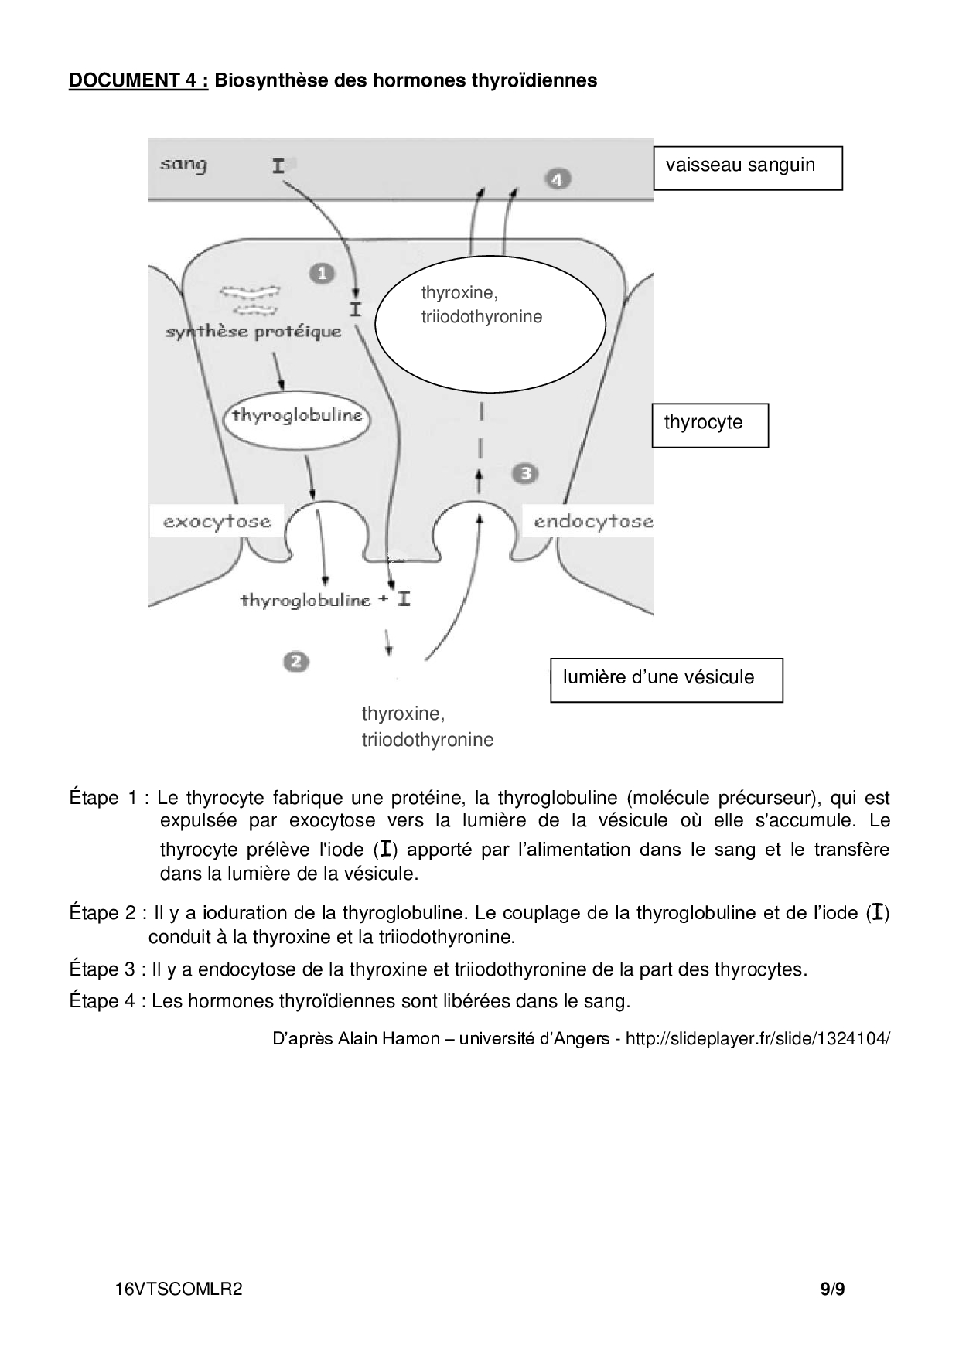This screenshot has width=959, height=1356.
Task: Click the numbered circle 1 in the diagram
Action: coord(322,273)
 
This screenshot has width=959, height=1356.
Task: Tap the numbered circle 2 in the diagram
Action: coord(296,661)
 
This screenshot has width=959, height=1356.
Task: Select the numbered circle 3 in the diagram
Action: coord(526,473)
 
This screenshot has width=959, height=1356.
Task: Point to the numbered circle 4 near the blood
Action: coord(558,179)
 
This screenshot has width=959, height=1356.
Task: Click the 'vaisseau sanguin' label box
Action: coord(747,168)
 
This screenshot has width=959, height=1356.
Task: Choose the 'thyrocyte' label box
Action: coord(710,424)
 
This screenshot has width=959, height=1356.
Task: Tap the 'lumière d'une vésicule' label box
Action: coord(666,680)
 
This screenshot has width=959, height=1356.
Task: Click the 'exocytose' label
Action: coord(217,522)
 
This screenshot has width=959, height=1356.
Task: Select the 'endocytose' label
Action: coord(593,522)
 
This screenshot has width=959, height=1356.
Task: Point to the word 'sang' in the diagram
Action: coord(183,164)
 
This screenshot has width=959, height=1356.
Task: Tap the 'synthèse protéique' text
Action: coord(254,332)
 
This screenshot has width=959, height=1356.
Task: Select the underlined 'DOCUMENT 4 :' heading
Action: coord(138,80)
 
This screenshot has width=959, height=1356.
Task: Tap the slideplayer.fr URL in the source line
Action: coord(757,1038)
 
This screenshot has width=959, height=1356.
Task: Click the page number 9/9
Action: coord(832,1289)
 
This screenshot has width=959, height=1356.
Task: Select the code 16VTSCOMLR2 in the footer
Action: coord(179,1289)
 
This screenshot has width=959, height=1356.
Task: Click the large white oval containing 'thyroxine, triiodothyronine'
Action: coord(490,329)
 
